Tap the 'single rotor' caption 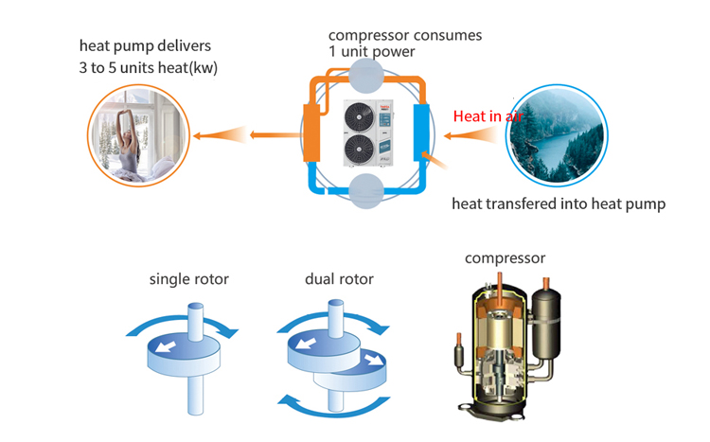pos(189,279)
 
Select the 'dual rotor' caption pos(339,279)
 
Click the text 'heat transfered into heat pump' pos(552,203)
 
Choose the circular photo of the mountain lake pos(558,134)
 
